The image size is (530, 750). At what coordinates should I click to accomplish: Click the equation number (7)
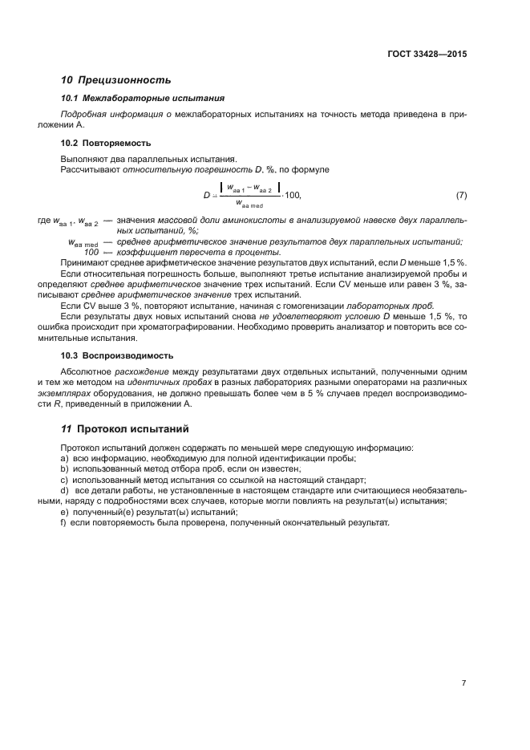click(461, 195)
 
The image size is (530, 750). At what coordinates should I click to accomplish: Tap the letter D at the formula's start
click(206, 196)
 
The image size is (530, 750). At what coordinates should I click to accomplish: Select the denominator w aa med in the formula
click(254, 205)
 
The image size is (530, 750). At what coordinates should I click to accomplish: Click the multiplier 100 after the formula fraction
click(293, 196)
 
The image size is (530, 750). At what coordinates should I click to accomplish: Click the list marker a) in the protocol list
click(64, 458)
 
